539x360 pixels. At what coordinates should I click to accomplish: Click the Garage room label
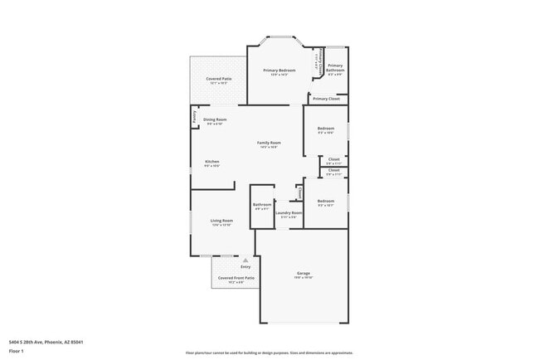(303, 273)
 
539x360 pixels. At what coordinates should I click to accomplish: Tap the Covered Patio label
(219, 79)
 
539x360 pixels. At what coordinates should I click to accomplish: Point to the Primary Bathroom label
(335, 68)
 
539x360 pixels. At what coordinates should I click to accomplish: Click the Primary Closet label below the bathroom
(326, 99)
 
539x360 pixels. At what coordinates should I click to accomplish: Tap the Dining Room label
(215, 119)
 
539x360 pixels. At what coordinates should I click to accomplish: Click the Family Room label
(269, 143)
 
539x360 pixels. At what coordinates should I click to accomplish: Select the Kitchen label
(211, 162)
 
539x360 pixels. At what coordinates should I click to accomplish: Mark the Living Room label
(221, 221)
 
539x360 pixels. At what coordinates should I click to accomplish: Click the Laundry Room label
(289, 213)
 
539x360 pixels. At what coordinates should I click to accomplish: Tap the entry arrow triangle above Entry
(245, 260)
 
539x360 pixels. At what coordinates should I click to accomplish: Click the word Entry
(245, 266)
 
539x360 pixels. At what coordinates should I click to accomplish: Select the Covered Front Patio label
(236, 278)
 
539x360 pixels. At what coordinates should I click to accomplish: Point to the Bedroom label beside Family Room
(326, 129)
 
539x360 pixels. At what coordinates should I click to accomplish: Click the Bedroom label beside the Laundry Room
(326, 201)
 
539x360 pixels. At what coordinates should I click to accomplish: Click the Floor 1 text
(17, 351)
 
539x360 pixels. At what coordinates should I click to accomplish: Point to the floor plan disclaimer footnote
(269, 353)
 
